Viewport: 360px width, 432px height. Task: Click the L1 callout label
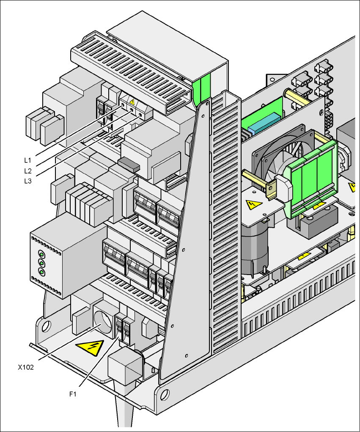(27, 160)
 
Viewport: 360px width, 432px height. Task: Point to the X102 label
(26, 367)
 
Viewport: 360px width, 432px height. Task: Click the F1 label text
(73, 394)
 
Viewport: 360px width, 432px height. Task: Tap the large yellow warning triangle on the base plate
(90, 348)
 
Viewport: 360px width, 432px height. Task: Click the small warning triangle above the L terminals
(132, 102)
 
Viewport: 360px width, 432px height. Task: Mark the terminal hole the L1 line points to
(123, 104)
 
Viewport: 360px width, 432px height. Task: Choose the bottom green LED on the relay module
(41, 272)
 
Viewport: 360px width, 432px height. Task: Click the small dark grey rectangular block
(129, 164)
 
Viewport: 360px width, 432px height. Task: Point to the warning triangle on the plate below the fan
(253, 205)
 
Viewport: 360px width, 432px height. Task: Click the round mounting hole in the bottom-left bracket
(46, 326)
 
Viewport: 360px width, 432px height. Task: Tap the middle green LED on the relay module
(41, 263)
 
